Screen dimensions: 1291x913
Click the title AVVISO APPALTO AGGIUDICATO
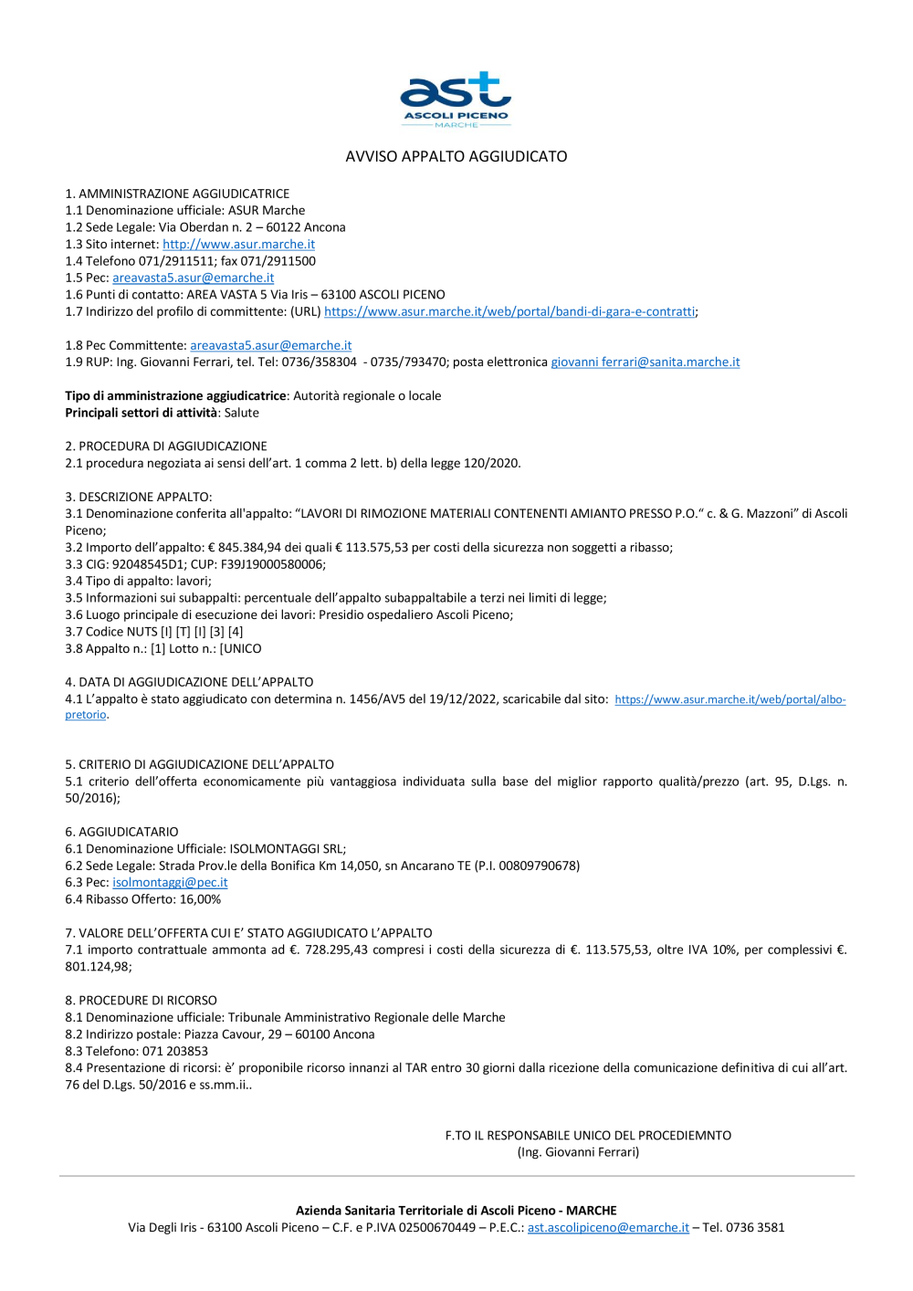point(456,156)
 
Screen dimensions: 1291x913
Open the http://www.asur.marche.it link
point(238,244)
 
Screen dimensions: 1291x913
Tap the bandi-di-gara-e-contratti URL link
point(509,311)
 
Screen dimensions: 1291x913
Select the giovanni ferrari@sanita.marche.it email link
point(645,362)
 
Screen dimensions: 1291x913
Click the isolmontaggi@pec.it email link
point(170,882)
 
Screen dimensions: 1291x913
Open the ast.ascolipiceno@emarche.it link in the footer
point(608,1227)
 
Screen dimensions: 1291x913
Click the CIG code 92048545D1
point(150,564)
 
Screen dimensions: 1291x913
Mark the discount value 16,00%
point(200,899)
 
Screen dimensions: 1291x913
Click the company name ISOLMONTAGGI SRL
point(286,848)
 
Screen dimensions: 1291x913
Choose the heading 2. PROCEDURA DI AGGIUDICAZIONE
point(166,446)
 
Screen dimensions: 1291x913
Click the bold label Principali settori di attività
point(142,413)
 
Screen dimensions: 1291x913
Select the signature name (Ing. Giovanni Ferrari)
point(578,1152)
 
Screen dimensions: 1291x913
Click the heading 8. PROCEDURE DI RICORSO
point(141,1000)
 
